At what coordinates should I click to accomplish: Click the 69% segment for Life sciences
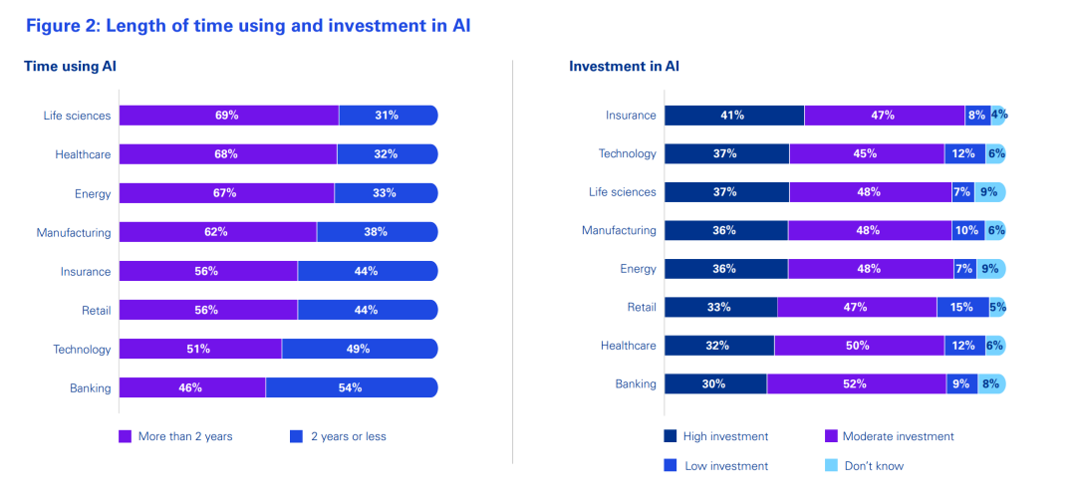point(228,116)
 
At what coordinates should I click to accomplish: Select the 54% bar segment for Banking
point(351,387)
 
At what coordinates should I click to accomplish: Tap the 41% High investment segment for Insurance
point(734,116)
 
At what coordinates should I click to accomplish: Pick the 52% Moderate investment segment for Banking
point(856,383)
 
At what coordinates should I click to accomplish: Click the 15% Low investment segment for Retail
point(962,308)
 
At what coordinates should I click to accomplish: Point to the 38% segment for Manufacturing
point(377,232)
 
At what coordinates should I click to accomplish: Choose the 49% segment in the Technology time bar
point(359,349)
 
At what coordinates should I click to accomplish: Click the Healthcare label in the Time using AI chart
point(83,154)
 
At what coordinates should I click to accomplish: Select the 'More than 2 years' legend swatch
point(126,436)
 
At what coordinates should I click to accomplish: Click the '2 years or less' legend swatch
point(296,436)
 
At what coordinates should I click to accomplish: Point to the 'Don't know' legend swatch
point(831,465)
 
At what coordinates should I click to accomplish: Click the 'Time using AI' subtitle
point(64,67)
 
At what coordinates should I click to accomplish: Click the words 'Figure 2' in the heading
point(62,25)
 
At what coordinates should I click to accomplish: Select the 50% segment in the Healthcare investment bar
point(859,346)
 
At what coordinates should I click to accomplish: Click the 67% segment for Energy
point(226,193)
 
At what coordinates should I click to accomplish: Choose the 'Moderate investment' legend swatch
point(831,436)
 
